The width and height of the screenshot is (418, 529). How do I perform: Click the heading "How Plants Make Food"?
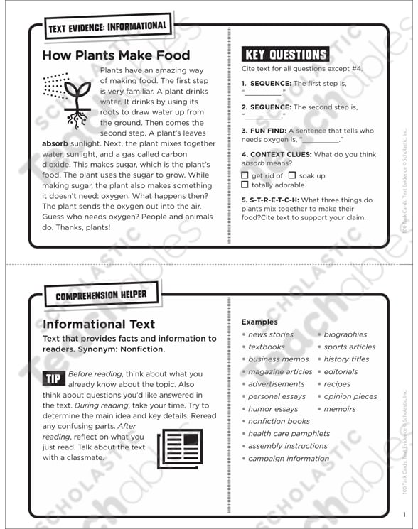point(116,55)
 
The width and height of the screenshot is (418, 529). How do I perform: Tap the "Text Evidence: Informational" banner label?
point(107,28)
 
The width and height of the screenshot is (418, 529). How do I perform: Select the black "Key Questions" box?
point(285,55)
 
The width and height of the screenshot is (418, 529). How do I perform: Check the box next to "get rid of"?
point(245,175)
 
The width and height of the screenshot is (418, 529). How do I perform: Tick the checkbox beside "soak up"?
point(292,175)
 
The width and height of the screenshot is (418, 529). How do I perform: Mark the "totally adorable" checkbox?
point(245,185)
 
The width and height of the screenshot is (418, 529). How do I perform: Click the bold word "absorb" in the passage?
point(55,143)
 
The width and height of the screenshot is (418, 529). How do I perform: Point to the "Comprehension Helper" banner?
point(102,295)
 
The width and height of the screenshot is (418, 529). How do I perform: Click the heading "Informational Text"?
point(99,325)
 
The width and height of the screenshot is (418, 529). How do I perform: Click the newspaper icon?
point(180,447)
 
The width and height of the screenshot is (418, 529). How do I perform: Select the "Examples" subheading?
point(259,322)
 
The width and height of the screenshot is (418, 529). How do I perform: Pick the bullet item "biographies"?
point(345,334)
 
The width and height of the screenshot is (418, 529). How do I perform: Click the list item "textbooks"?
point(267,347)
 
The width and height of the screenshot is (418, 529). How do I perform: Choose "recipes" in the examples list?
point(337,384)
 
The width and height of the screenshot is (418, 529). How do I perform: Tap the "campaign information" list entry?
point(289,459)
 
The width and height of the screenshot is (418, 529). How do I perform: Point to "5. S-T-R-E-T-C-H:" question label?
point(269,200)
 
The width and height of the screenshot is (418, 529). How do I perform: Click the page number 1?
point(403,515)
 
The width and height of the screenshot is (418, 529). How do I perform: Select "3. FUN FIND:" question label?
point(264,131)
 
